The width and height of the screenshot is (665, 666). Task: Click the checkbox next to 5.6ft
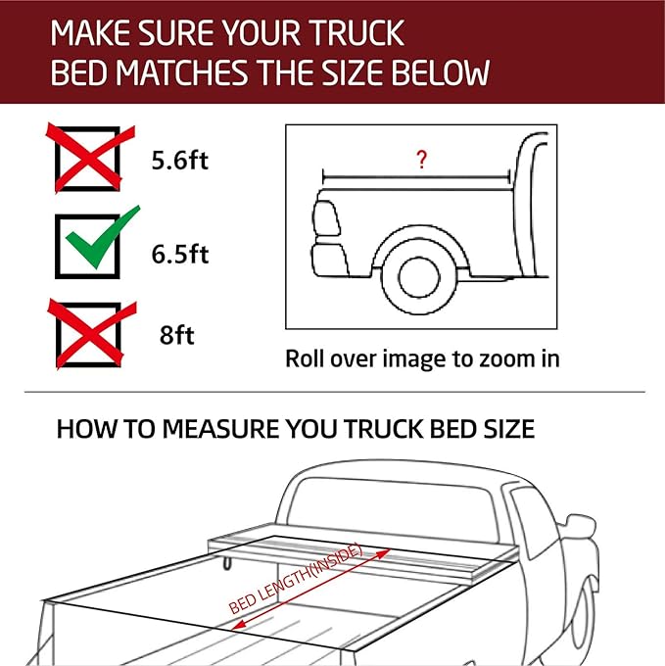(88, 159)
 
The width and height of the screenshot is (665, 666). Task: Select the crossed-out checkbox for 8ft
(88, 334)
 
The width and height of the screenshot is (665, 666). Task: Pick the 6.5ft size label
(179, 255)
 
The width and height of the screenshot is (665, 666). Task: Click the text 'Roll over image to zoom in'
(422, 358)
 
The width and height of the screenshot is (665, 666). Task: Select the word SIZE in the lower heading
(502, 429)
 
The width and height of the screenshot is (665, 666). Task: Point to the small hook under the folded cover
(226, 561)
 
